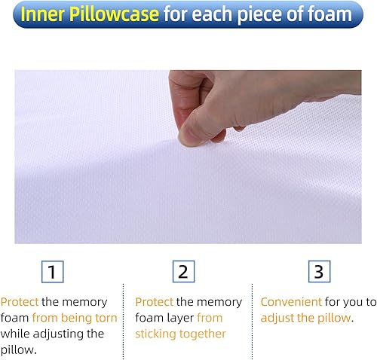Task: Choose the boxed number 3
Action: point(317,272)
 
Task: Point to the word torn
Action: point(104,318)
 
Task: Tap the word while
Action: point(15,334)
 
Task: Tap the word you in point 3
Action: point(354,302)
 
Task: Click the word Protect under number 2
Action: point(155,302)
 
